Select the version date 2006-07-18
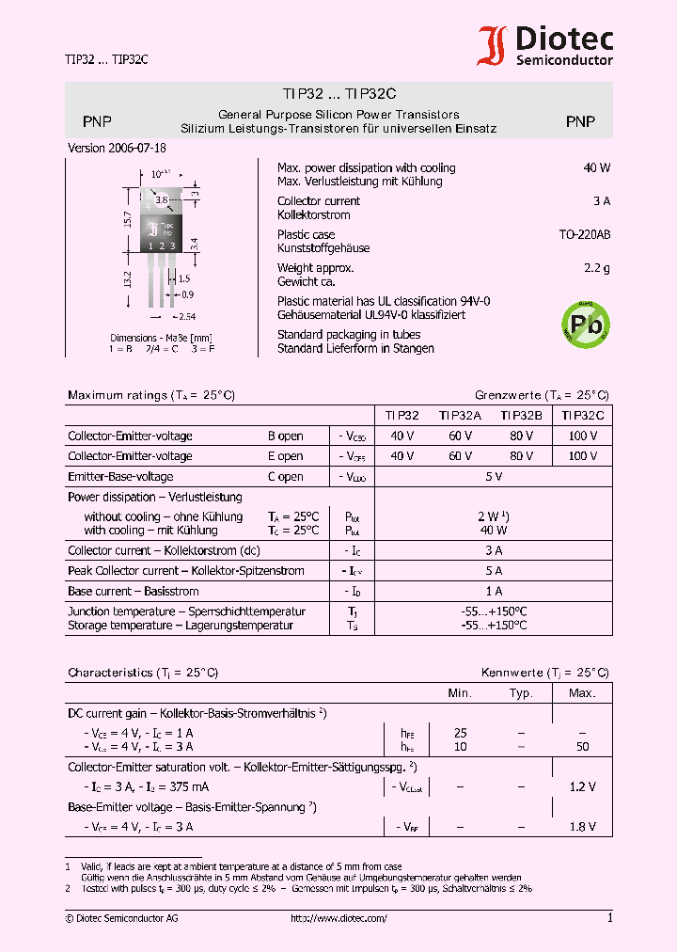coord(118,149)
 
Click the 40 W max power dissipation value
coord(596,167)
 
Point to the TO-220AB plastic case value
coord(584,234)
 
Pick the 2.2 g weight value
coord(596,268)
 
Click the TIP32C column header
coord(582,414)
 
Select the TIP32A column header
coord(460,414)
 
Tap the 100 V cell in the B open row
coord(582,436)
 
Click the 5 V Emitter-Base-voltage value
coord(494,477)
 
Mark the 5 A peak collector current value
coord(494,571)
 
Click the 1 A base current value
coord(494,592)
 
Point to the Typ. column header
coord(521,693)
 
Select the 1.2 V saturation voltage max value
coord(582,786)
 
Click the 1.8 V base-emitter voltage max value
coord(582,827)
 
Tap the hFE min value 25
coord(460,732)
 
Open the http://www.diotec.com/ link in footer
coord(338,919)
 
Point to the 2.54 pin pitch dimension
coord(186,317)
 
